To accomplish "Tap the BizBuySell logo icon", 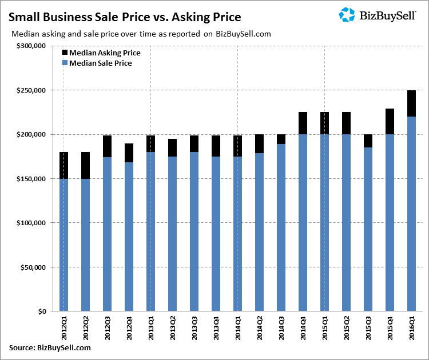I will pyautogui.click(x=347, y=15).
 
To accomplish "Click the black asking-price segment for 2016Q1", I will pyautogui.click(x=411, y=103).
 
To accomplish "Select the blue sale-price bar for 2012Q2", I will pyautogui.click(x=85, y=245).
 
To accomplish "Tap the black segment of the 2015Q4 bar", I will pyautogui.click(x=390, y=122).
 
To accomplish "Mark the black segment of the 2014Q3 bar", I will pyautogui.click(x=281, y=139).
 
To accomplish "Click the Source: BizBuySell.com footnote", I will pyautogui.click(x=50, y=347).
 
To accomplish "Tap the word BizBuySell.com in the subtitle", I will pyautogui.click(x=244, y=34).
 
